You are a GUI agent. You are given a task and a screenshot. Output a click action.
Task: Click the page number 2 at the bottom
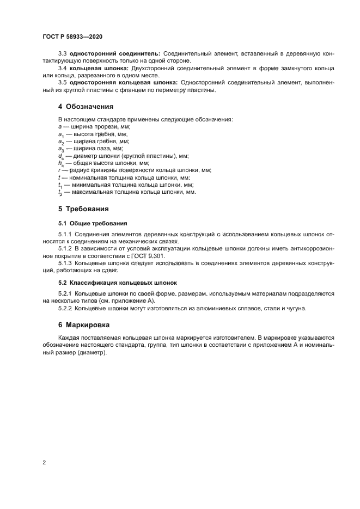[44, 462]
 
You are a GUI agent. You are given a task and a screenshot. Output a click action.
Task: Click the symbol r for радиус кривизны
[59, 170]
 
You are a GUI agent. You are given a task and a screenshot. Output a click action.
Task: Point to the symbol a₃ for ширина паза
[60, 148]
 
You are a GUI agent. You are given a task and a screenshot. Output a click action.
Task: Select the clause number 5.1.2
[65, 249]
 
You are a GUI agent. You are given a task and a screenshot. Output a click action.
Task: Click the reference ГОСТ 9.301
[147, 256]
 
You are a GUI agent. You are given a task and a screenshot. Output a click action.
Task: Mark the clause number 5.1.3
[65, 263]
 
